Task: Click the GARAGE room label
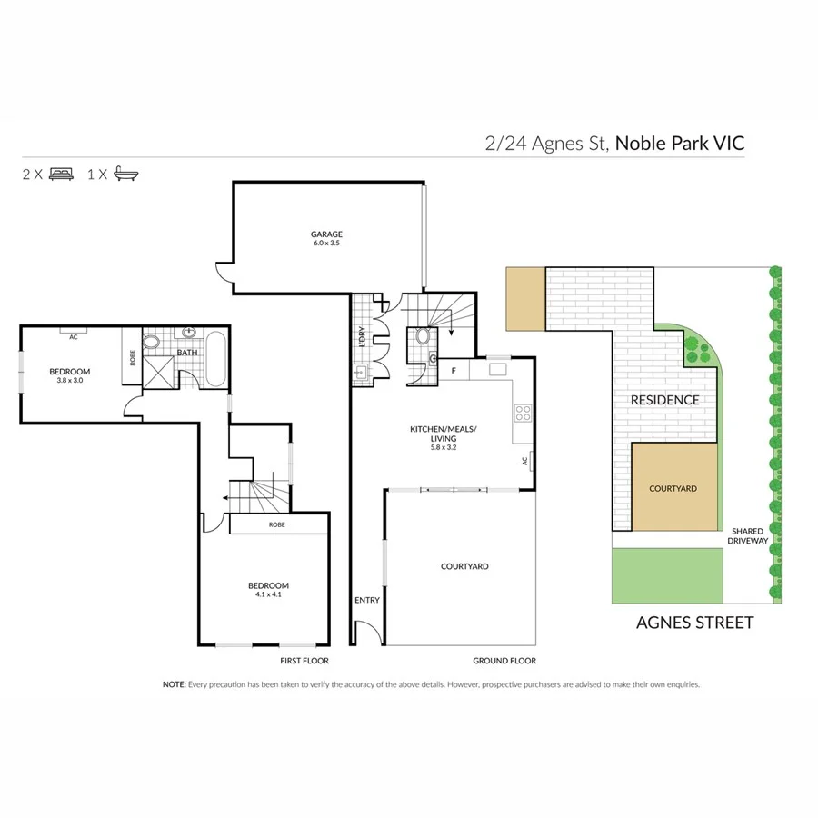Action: point(326,234)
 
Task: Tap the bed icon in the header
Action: point(62,174)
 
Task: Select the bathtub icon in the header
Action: point(126,174)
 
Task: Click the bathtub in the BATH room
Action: point(217,359)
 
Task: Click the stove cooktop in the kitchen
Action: point(524,414)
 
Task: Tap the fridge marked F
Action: point(454,371)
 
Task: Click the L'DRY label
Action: point(362,336)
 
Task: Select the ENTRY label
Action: point(367,600)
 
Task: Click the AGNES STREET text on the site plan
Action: point(694,623)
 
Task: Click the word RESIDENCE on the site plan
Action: point(666,400)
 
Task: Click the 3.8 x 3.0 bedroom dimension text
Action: point(70,382)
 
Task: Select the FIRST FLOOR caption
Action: point(304,661)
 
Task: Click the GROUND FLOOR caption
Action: point(504,661)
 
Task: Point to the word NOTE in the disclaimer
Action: point(174,684)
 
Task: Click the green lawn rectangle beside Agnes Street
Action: point(668,574)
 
